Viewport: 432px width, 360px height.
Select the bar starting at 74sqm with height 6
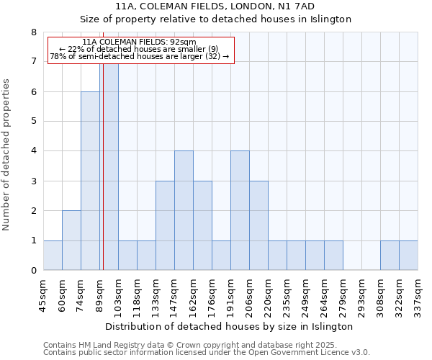90,181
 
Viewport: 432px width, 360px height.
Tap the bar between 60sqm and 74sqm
71,240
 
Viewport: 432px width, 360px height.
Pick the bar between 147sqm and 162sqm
184,210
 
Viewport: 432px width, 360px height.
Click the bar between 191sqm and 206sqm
240,210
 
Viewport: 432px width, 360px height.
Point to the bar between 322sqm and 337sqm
408,256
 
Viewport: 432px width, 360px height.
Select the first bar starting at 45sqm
53,256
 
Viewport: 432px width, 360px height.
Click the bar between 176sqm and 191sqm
221,256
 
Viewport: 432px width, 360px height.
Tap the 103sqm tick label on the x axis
119,294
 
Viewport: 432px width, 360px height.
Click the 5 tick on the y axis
33,121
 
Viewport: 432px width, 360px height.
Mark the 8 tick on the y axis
33,32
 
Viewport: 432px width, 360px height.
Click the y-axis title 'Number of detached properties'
6,155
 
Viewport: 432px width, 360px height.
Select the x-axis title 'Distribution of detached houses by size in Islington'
229,326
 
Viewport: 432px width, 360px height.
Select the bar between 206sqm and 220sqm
258,225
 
